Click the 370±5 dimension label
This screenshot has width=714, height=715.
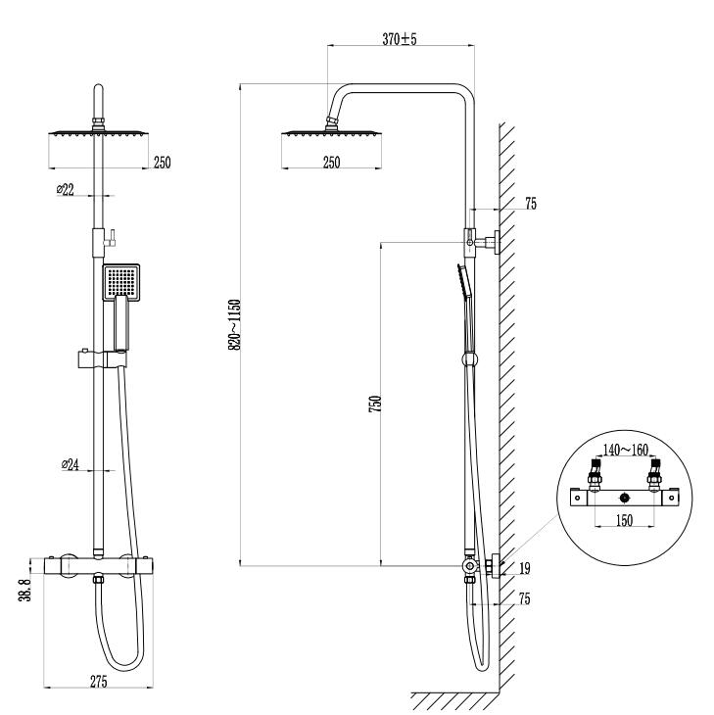[x=400, y=39]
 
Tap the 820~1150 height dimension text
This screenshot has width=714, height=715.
[x=234, y=324]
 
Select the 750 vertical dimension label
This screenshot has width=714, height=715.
[x=375, y=404]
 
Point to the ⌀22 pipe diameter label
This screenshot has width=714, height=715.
[x=66, y=189]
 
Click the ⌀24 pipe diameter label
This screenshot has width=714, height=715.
[x=71, y=464]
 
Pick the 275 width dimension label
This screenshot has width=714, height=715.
[x=99, y=682]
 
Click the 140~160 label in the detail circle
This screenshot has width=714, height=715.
[x=626, y=451]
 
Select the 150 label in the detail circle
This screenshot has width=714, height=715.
[x=624, y=520]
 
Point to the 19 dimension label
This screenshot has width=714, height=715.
[x=525, y=569]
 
